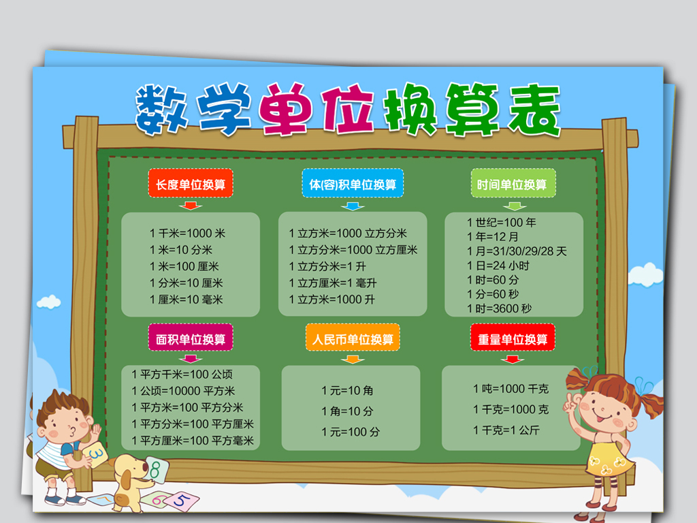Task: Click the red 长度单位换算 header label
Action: [x=191, y=184]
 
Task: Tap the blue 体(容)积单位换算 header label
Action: [x=353, y=184]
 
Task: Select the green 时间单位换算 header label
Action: [x=513, y=184]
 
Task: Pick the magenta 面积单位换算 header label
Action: [x=191, y=338]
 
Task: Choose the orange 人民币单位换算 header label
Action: [x=353, y=338]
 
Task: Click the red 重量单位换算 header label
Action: [x=513, y=338]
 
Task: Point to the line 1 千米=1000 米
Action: [x=187, y=233]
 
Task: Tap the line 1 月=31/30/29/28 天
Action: [x=517, y=251]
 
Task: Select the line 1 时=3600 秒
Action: [x=499, y=308]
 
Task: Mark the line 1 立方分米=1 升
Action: [x=327, y=266]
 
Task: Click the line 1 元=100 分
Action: [x=351, y=432]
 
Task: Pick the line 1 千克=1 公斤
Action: [x=506, y=430]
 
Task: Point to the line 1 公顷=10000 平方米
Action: [x=183, y=391]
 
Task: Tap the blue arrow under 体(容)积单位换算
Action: [x=353, y=206]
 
